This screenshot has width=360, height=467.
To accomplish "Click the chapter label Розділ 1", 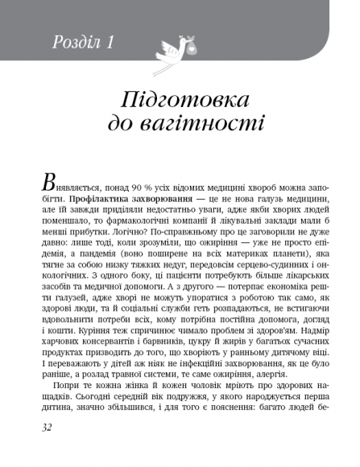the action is (85, 41).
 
